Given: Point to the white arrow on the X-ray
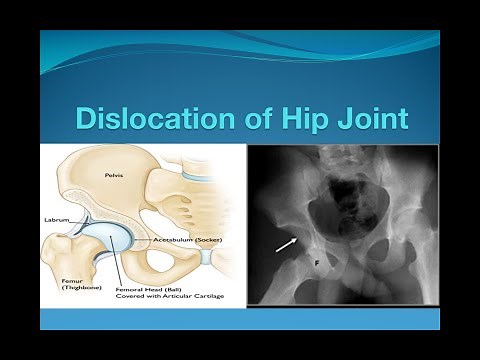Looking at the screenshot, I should (x=288, y=242).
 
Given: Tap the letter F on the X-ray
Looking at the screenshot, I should (x=319, y=264).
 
